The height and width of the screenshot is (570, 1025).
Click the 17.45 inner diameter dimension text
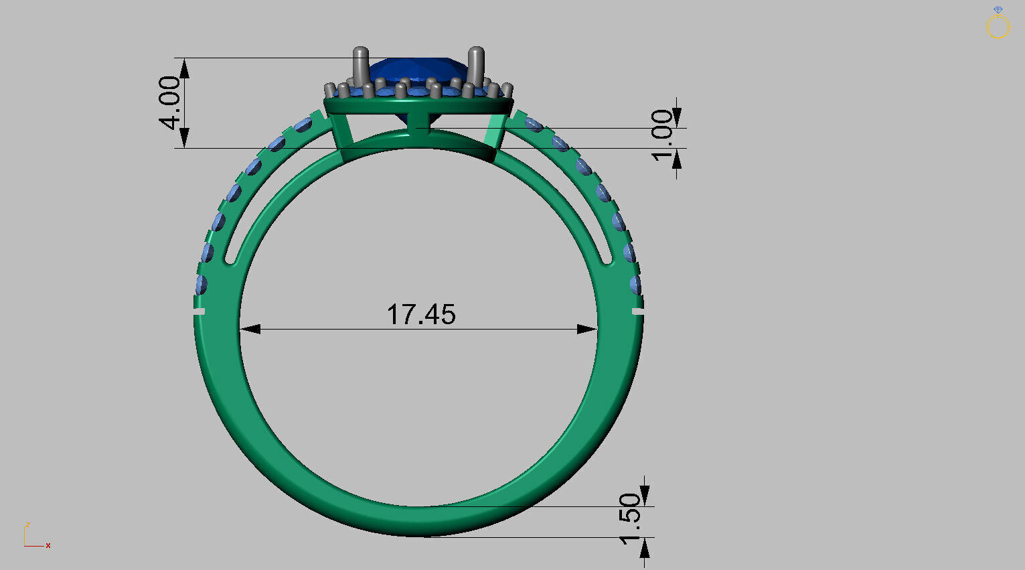coord(421,314)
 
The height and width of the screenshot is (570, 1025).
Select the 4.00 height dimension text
coord(169,102)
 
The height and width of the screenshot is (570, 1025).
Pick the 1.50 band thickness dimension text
coord(630,519)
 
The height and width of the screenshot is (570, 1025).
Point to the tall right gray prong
coord(476,66)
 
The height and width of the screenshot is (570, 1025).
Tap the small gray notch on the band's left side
coord(199,311)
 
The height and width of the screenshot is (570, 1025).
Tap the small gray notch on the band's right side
coord(638,311)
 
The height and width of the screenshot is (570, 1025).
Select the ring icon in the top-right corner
coord(998,24)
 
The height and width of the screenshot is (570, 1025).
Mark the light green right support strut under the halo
coord(494,131)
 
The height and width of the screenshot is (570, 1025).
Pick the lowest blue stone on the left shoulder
coord(202,284)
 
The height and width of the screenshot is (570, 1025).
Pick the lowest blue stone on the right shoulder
coord(635,284)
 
